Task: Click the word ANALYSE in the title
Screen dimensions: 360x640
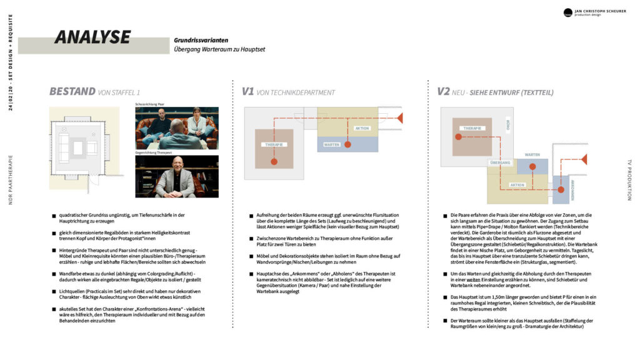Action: (x=92, y=37)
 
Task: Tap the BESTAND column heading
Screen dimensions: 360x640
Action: (x=72, y=92)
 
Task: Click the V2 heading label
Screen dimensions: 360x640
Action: (x=443, y=92)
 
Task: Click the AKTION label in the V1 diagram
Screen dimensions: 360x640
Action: (x=362, y=128)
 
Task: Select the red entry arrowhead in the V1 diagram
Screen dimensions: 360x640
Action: (x=400, y=117)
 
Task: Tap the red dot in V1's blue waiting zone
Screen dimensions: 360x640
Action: (x=347, y=144)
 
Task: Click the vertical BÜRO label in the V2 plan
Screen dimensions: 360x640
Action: (x=507, y=125)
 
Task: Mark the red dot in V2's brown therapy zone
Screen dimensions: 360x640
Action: (x=458, y=136)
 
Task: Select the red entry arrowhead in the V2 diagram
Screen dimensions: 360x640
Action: (x=584, y=159)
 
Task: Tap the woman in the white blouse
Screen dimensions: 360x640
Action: (x=196, y=122)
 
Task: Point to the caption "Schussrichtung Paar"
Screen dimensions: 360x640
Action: (x=150, y=104)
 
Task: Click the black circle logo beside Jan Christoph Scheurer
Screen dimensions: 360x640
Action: (x=567, y=12)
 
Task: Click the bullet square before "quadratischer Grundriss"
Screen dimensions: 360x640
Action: (x=54, y=216)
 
